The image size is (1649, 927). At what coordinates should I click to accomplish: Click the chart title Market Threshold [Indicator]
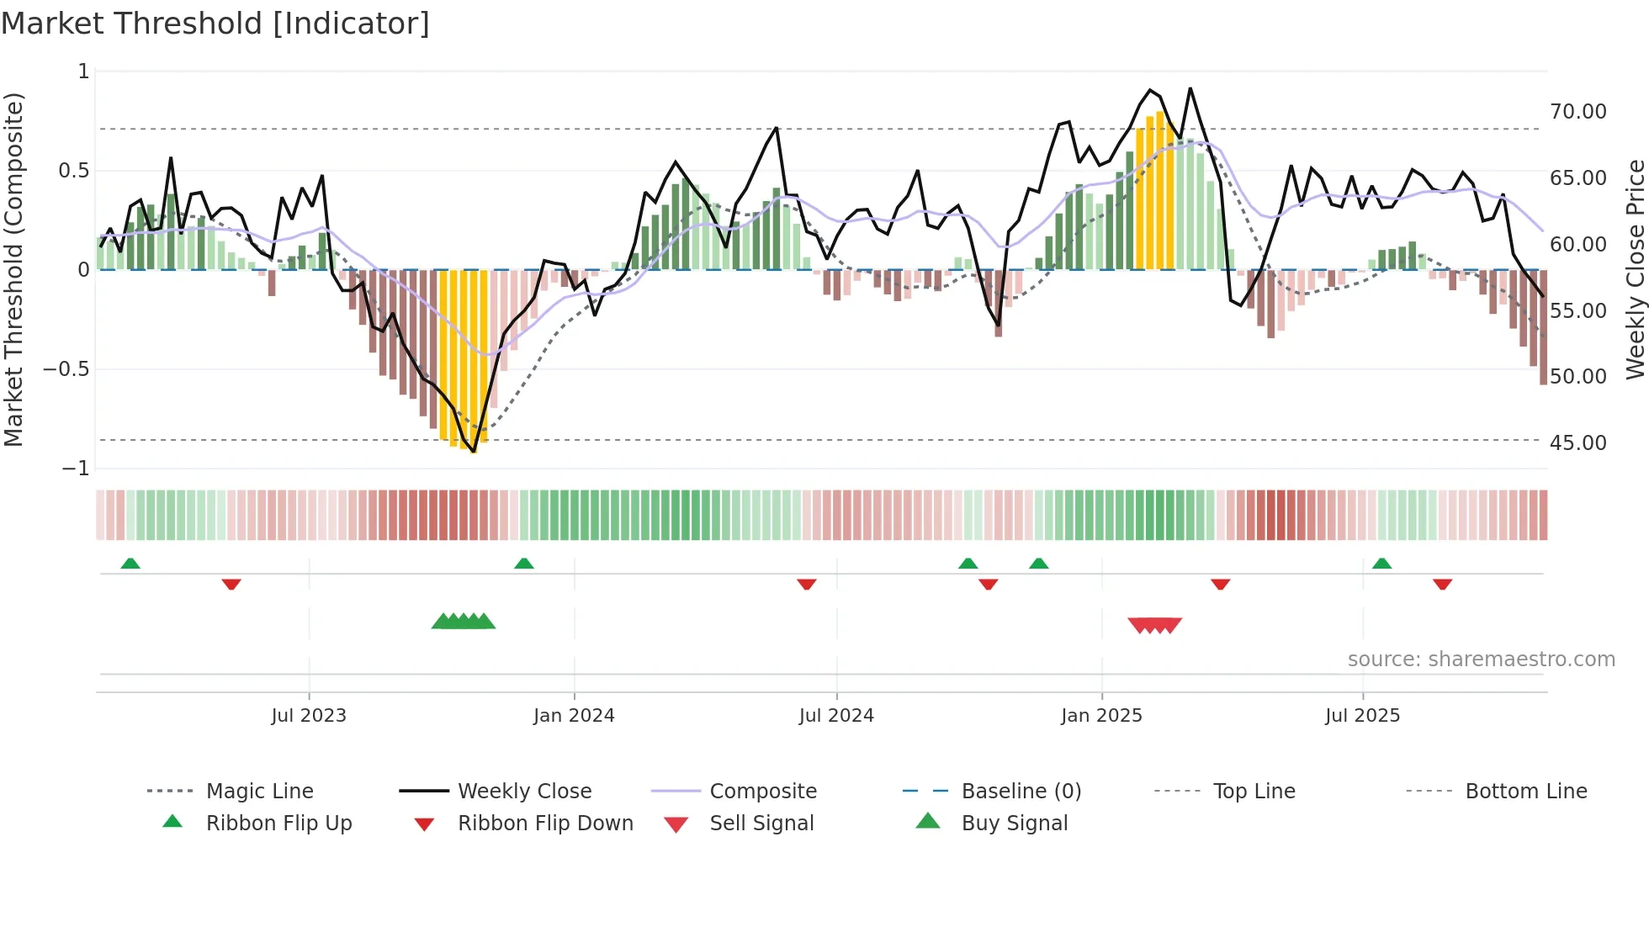pos(215,24)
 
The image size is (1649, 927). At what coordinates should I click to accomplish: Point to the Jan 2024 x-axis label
pos(574,716)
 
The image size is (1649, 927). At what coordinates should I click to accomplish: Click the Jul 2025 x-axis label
pos(1362,716)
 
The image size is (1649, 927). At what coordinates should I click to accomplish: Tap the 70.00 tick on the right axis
pos(1577,112)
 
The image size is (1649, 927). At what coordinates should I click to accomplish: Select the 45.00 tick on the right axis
pos(1577,443)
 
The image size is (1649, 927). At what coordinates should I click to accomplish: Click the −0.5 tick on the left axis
pos(66,369)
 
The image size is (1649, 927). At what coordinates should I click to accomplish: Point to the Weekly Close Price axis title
pos(1635,269)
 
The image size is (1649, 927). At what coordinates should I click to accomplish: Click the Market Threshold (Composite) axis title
pos(13,269)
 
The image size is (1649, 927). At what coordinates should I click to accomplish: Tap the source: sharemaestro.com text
pos(1481,659)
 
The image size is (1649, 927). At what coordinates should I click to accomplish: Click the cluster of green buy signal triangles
pos(464,622)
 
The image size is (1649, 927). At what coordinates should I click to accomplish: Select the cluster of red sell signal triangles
pos(1155,625)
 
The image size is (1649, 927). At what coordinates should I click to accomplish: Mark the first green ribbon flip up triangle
pos(130,564)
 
